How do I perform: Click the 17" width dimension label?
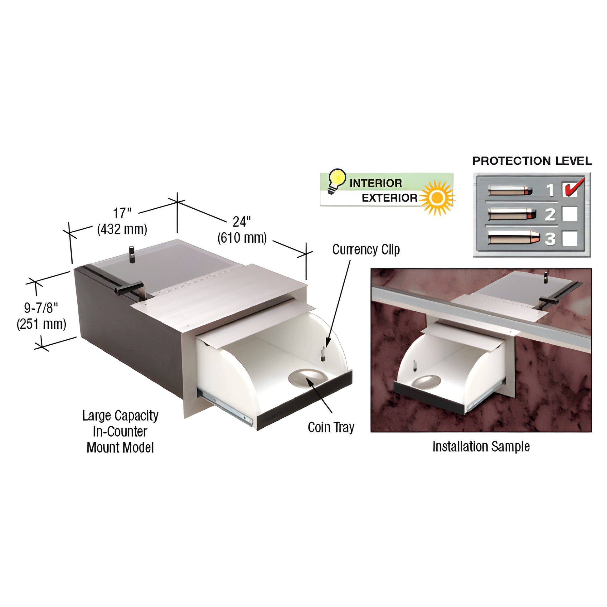tap(122, 214)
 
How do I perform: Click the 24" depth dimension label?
tap(242, 222)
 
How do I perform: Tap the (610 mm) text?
tap(242, 238)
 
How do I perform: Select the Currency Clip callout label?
tap(366, 250)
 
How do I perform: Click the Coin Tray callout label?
tap(331, 427)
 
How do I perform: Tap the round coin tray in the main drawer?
tap(308, 377)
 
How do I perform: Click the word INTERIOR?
tap(376, 183)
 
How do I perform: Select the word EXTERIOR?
tap(390, 198)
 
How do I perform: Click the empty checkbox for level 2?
tap(570, 214)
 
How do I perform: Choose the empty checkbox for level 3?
tap(570, 238)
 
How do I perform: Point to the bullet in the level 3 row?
tap(514, 237)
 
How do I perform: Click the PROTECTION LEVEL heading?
tap(532, 161)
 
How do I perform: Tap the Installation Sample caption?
tap(481, 446)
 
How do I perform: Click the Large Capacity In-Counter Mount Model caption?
tap(120, 431)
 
